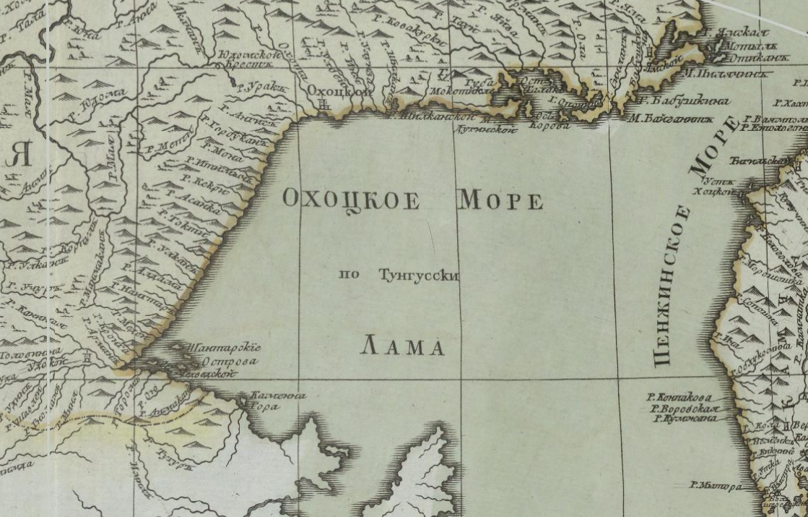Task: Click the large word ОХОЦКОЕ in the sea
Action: (x=351, y=199)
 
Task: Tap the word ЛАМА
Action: (x=402, y=348)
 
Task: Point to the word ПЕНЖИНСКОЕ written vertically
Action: (x=672, y=286)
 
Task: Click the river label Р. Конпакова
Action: (x=679, y=397)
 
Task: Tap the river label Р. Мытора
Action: (x=715, y=486)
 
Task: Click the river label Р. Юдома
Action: (x=97, y=102)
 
